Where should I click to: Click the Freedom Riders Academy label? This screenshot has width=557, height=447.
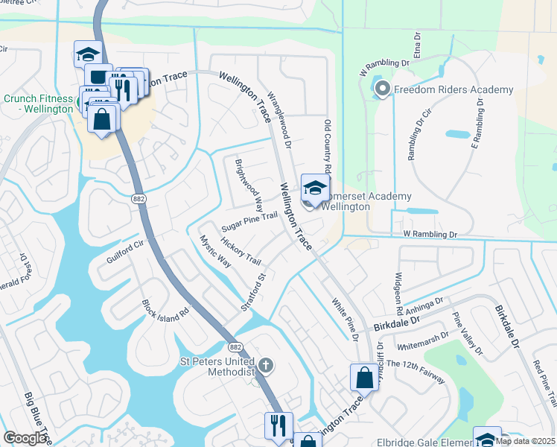pos(453,90)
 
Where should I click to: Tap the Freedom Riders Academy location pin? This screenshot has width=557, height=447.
pos(383,91)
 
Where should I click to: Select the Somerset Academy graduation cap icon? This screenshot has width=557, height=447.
pos(315,188)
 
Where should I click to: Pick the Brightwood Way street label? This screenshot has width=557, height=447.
pos(249,185)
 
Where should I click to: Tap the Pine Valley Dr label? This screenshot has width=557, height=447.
pos(467,334)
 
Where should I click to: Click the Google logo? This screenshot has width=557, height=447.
pos(26,438)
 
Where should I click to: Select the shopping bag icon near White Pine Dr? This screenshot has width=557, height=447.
pos(365,377)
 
